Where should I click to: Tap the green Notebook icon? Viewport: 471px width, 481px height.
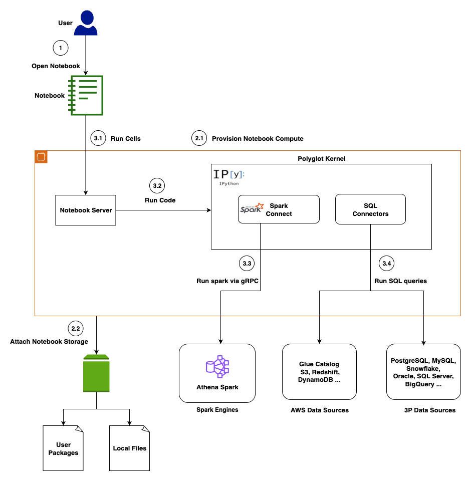[86, 95]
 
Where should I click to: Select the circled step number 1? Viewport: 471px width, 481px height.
[60, 48]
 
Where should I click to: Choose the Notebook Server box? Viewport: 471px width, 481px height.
[86, 210]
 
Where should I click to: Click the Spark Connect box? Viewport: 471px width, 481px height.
[279, 209]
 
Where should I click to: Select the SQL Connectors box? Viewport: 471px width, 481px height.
[370, 209]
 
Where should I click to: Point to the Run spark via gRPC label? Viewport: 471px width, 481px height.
[227, 281]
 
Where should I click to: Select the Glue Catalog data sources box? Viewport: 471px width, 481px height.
[319, 372]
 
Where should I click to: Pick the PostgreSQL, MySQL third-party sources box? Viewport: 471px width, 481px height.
[423, 372]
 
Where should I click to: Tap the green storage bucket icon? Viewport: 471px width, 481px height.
[96, 373]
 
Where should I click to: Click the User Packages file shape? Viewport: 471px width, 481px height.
[63, 448]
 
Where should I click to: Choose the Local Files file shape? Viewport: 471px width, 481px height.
[130, 448]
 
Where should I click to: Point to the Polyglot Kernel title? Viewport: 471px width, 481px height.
[321, 158]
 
